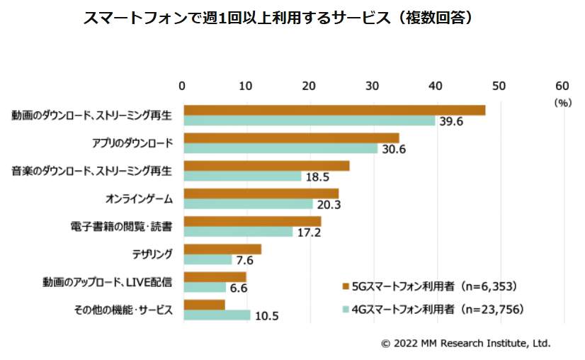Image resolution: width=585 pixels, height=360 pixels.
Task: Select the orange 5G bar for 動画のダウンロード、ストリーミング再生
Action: pos(334,110)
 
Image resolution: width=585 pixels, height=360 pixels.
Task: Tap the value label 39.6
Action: pos(450,121)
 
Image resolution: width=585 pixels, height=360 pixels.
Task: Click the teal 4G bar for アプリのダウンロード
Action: pos(280,149)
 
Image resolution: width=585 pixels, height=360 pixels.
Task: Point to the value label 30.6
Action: pos(393,149)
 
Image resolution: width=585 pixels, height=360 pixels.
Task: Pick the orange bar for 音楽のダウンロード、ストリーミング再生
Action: pos(266,165)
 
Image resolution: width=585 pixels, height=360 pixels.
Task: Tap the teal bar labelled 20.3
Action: pos(248,204)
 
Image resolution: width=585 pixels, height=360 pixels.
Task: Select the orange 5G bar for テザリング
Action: pos(222,249)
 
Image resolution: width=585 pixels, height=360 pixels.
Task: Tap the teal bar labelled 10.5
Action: pos(217,315)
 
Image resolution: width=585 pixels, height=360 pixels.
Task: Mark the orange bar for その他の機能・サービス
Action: pos(204,304)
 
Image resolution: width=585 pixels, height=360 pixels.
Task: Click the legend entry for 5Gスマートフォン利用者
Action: pos(428,286)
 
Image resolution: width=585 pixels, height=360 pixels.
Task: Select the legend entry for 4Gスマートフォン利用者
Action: pos(432,309)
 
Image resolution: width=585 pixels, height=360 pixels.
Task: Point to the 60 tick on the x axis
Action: pos(563,86)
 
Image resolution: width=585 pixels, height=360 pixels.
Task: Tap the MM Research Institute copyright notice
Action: pos(465,343)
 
